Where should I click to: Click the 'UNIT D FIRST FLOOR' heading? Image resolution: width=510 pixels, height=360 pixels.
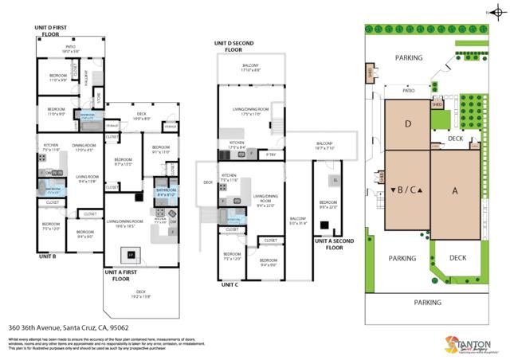coord(58,30)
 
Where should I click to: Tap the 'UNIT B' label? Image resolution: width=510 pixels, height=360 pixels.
coord(47,257)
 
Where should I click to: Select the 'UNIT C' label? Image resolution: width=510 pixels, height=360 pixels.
coord(229,284)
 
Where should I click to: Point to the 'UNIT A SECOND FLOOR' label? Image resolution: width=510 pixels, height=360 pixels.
coord(335,244)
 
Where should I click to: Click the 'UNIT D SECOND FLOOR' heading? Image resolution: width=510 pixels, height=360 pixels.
coord(233,46)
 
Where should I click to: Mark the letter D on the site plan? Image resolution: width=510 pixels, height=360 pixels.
coord(407,123)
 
